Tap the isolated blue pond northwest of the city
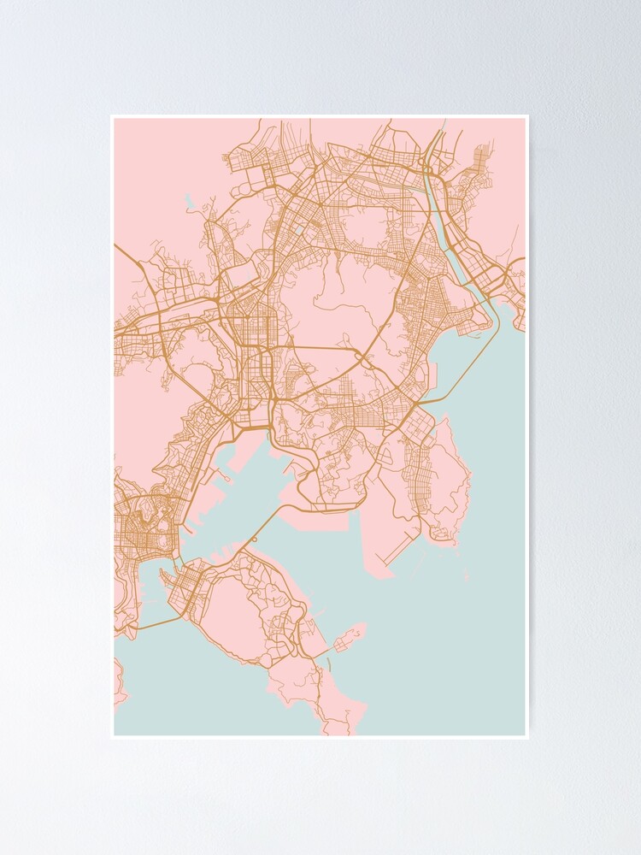190,203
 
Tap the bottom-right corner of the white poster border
528,737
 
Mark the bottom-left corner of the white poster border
112,737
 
